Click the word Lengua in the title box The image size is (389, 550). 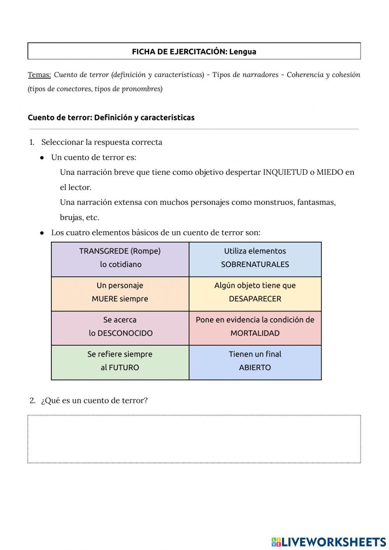coord(242,52)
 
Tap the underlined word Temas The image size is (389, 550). coord(39,75)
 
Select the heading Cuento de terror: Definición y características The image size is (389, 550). coord(111,118)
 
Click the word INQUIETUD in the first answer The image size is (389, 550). coord(285,172)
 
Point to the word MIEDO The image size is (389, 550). coord(330,172)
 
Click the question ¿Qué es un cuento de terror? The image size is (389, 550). coord(94,401)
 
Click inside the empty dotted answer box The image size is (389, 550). coord(194,439)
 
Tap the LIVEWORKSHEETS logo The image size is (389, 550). coord(329,542)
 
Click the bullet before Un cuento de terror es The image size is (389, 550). coord(42,158)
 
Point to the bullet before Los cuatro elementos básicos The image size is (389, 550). coord(42,233)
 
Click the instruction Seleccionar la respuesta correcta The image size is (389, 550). coord(102,142)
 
